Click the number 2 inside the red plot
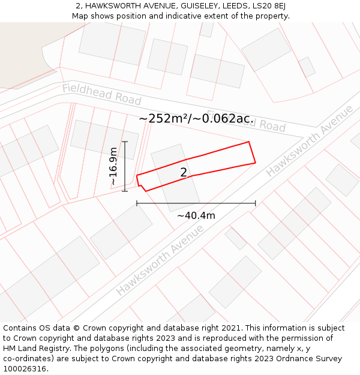click(184, 173)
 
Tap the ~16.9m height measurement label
click(113, 167)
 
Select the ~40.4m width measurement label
click(196, 215)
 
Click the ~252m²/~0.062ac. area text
click(196, 119)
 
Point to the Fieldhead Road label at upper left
click(101, 95)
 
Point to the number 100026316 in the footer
click(25, 369)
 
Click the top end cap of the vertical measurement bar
click(125, 142)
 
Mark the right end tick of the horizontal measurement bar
click(256, 203)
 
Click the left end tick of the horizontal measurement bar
click(137, 203)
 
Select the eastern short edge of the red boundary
click(252, 152)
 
